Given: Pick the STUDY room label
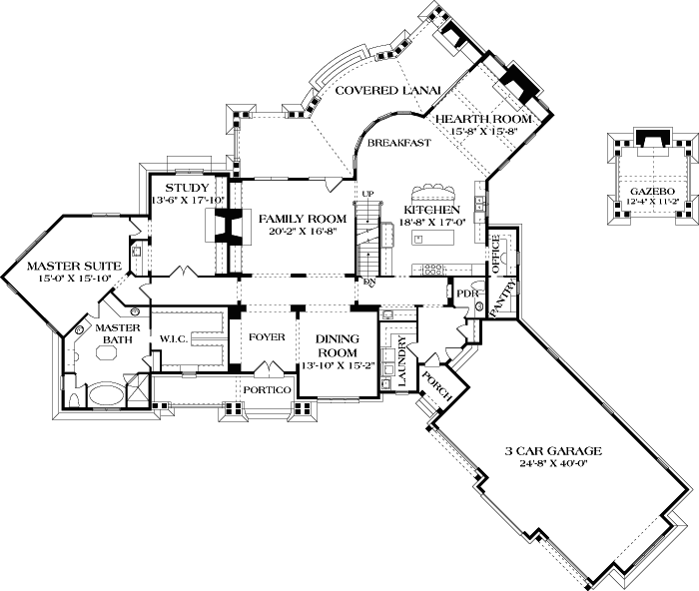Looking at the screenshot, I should pos(187,188).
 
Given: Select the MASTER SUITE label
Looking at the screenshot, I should pos(60,266).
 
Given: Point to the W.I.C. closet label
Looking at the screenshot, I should pos(173,339).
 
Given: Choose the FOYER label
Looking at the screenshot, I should pos(267,337).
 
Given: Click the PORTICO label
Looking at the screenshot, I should pos(267,388).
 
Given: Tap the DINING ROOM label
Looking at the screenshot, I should pos(338,345).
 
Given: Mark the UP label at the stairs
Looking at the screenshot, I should pos(366,193).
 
